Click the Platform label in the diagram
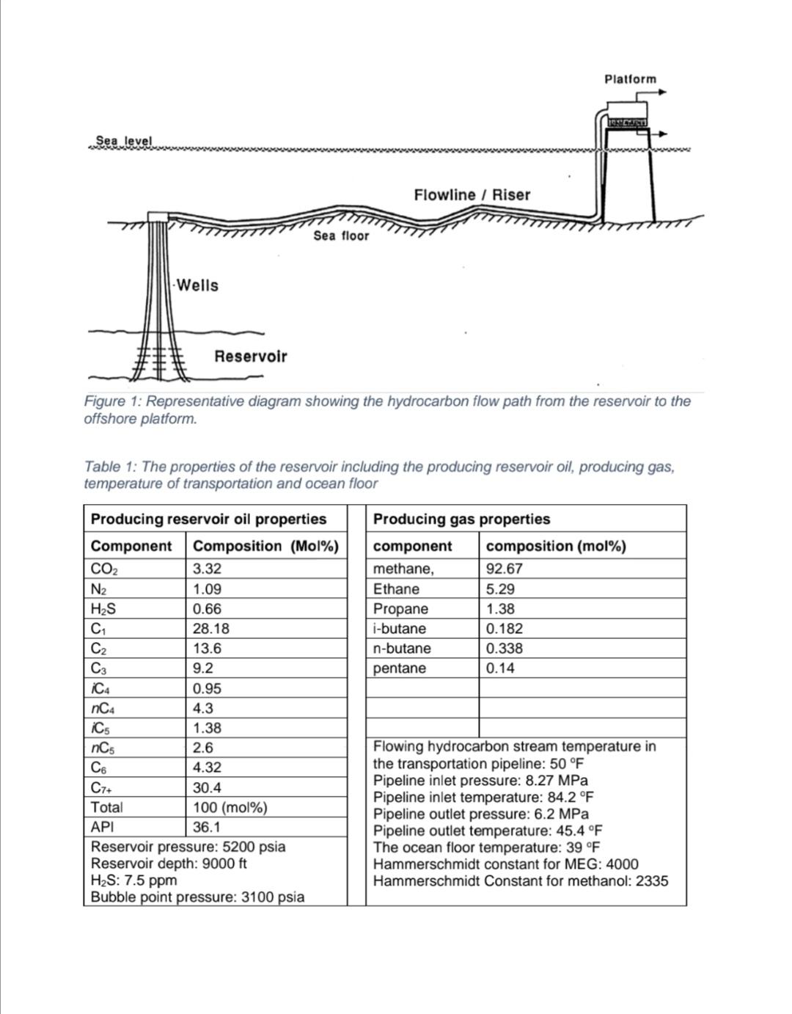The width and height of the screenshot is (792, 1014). [630, 79]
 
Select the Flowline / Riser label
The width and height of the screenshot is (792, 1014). [472, 194]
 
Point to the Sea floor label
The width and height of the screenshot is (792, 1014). [341, 236]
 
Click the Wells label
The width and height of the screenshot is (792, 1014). [198, 285]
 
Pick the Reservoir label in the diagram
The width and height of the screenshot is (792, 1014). [250, 357]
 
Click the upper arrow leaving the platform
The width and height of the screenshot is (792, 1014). [662, 92]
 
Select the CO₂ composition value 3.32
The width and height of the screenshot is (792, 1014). [207, 569]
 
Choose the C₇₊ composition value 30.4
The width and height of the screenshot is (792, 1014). [207, 788]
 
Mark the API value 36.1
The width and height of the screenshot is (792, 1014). [206, 828]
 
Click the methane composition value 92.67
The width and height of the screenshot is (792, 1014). [505, 569]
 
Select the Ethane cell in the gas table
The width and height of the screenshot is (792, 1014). [396, 589]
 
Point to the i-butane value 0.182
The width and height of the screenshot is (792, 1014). [505, 629]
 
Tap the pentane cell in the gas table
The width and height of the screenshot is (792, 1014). [399, 668]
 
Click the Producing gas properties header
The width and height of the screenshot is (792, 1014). [461, 519]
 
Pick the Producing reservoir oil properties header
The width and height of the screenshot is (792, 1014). [208, 519]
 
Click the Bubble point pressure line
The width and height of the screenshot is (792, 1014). [197, 897]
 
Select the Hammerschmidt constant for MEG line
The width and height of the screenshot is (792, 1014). [505, 864]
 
